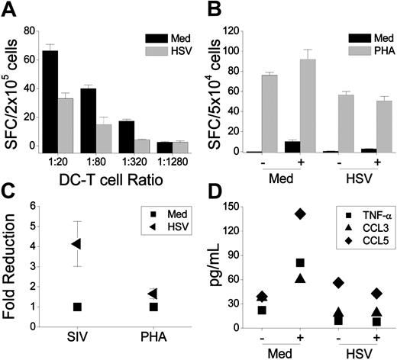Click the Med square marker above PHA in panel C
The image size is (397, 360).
[153, 307]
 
